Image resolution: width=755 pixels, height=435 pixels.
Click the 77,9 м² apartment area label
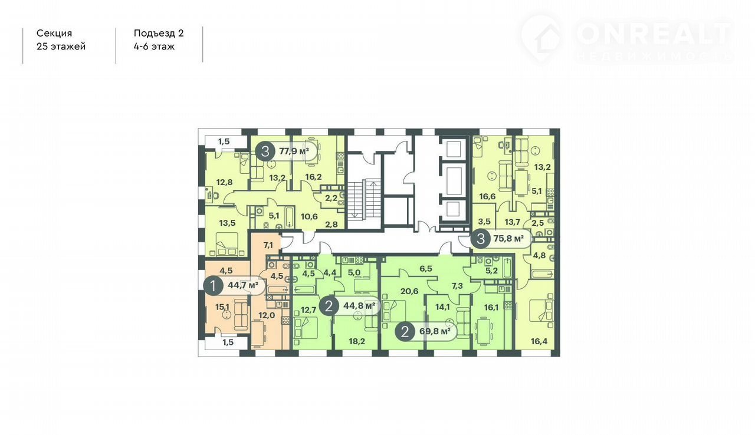[x=294, y=151]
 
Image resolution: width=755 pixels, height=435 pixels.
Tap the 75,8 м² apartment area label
[x=508, y=239]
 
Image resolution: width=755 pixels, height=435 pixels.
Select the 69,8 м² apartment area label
[x=435, y=331]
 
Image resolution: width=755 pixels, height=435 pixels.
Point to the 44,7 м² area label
[x=243, y=285]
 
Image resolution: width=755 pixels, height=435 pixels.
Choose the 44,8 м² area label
[x=359, y=306]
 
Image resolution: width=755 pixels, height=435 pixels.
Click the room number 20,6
[x=409, y=291]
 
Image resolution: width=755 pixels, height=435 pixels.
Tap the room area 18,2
[x=357, y=341]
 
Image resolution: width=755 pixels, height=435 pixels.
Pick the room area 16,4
[x=539, y=341]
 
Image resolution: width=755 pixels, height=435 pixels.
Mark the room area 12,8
[x=225, y=183]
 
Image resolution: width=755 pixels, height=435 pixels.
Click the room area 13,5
[x=227, y=223]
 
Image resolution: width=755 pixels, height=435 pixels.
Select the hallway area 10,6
[x=309, y=216]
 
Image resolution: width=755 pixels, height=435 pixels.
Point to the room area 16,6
[x=487, y=196]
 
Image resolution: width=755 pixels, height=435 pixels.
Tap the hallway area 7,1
[x=268, y=245]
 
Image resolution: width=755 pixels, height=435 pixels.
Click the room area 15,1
[x=222, y=307]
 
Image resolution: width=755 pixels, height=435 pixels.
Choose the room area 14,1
[x=442, y=307]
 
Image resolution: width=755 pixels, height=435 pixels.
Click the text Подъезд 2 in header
[x=159, y=34]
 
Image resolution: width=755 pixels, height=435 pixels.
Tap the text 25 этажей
[x=61, y=47]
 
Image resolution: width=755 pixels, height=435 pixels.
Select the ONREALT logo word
[x=654, y=34]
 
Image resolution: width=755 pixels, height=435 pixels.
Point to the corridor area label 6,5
[x=426, y=268]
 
